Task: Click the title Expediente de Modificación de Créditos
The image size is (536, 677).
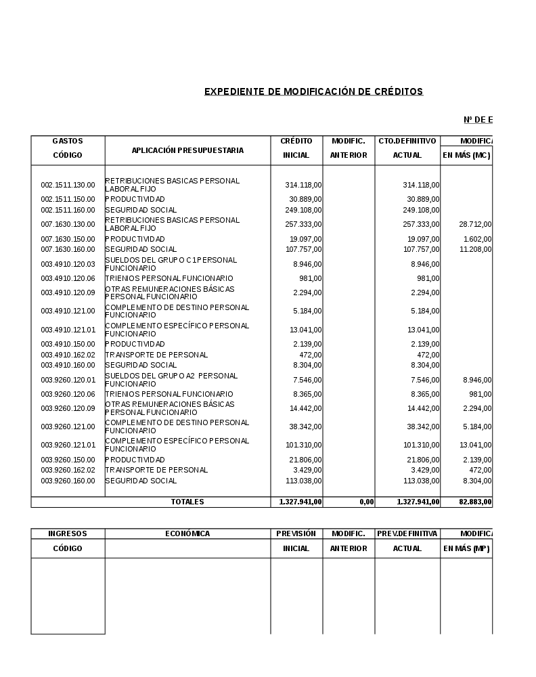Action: [x=313, y=91]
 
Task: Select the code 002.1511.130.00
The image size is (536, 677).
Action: [x=68, y=185]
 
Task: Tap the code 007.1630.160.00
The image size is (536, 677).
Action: [x=68, y=250]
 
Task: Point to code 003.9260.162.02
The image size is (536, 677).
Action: [x=68, y=471]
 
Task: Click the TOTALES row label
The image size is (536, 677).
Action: [x=187, y=502]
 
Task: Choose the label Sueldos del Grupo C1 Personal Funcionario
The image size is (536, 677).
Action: [x=171, y=264]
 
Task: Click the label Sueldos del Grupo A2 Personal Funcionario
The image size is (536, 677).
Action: [x=171, y=380]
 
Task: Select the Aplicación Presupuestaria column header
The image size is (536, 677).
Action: [x=187, y=150]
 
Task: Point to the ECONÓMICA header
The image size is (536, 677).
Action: [x=187, y=533]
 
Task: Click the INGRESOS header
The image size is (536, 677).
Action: [x=68, y=533]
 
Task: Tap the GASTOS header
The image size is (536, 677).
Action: [x=68, y=141]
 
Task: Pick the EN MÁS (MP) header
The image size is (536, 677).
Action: [x=466, y=548]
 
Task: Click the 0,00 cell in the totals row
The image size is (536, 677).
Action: [x=365, y=502]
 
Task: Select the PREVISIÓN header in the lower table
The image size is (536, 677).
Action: [x=296, y=533]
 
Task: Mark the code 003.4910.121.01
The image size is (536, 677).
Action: [x=68, y=330]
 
